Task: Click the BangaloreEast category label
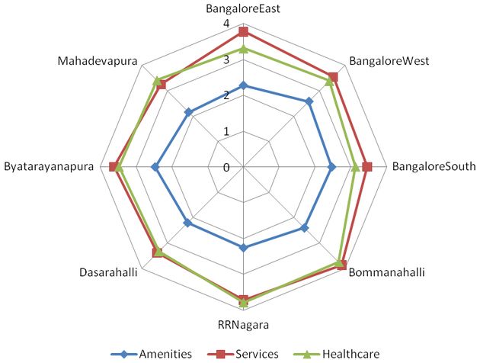[243, 9]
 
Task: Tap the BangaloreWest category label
[389, 61]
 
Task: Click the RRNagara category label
[243, 324]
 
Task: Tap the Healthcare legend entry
[342, 353]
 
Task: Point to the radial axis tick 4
[226, 24]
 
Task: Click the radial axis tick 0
[226, 167]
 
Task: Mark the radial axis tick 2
[226, 96]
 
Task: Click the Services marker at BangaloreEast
[243, 32]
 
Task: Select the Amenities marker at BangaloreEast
[243, 85]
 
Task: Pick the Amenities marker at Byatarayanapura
[155, 167]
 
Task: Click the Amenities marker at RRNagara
[243, 247]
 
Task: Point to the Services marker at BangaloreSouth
[367, 167]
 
